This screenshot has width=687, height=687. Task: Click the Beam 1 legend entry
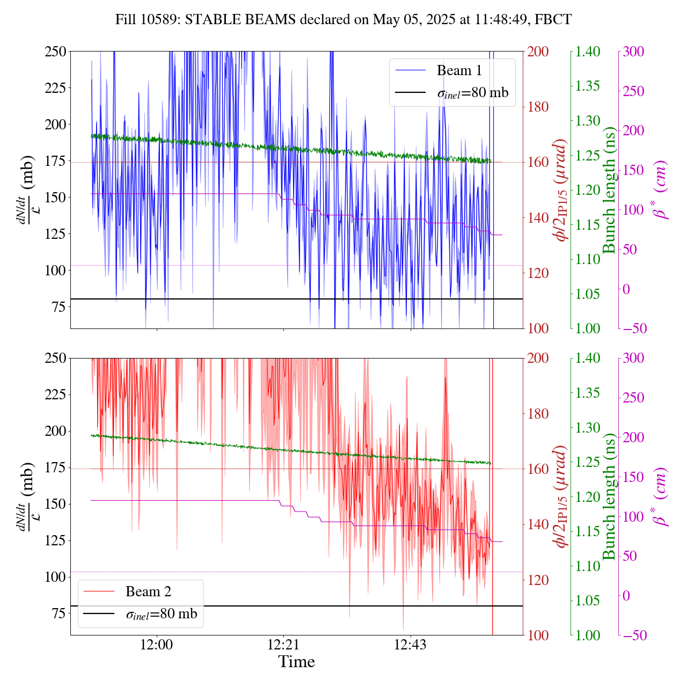[459, 70]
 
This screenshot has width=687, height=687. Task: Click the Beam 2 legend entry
[148, 591]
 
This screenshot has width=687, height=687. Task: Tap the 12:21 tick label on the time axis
[283, 644]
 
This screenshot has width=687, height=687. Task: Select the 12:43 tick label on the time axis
[410, 644]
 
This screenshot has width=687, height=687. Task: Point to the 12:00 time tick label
[157, 644]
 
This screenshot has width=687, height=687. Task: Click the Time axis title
[296, 662]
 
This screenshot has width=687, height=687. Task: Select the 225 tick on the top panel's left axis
[55, 87]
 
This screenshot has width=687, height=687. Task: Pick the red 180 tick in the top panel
[538, 107]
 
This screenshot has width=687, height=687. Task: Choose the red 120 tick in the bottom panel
[538, 580]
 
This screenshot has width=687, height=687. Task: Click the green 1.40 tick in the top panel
[588, 52]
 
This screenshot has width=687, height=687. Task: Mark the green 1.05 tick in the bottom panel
[588, 601]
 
